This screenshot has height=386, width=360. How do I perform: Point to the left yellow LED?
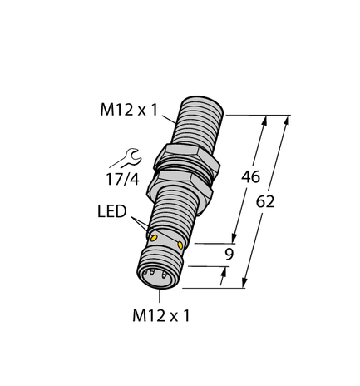click(x=153, y=239)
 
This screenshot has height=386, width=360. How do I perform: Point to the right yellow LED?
click(x=181, y=248)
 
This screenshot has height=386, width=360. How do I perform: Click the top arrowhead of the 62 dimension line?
click(x=287, y=119)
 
